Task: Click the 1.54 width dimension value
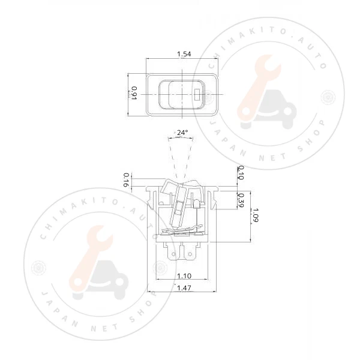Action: [184, 54]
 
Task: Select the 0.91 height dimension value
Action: [134, 94]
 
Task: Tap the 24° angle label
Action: [182, 132]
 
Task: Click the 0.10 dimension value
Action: [241, 173]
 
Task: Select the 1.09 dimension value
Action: [256, 214]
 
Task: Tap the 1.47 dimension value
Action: [184, 289]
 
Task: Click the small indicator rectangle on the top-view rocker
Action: [199, 94]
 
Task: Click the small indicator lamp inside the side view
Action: [179, 211]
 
